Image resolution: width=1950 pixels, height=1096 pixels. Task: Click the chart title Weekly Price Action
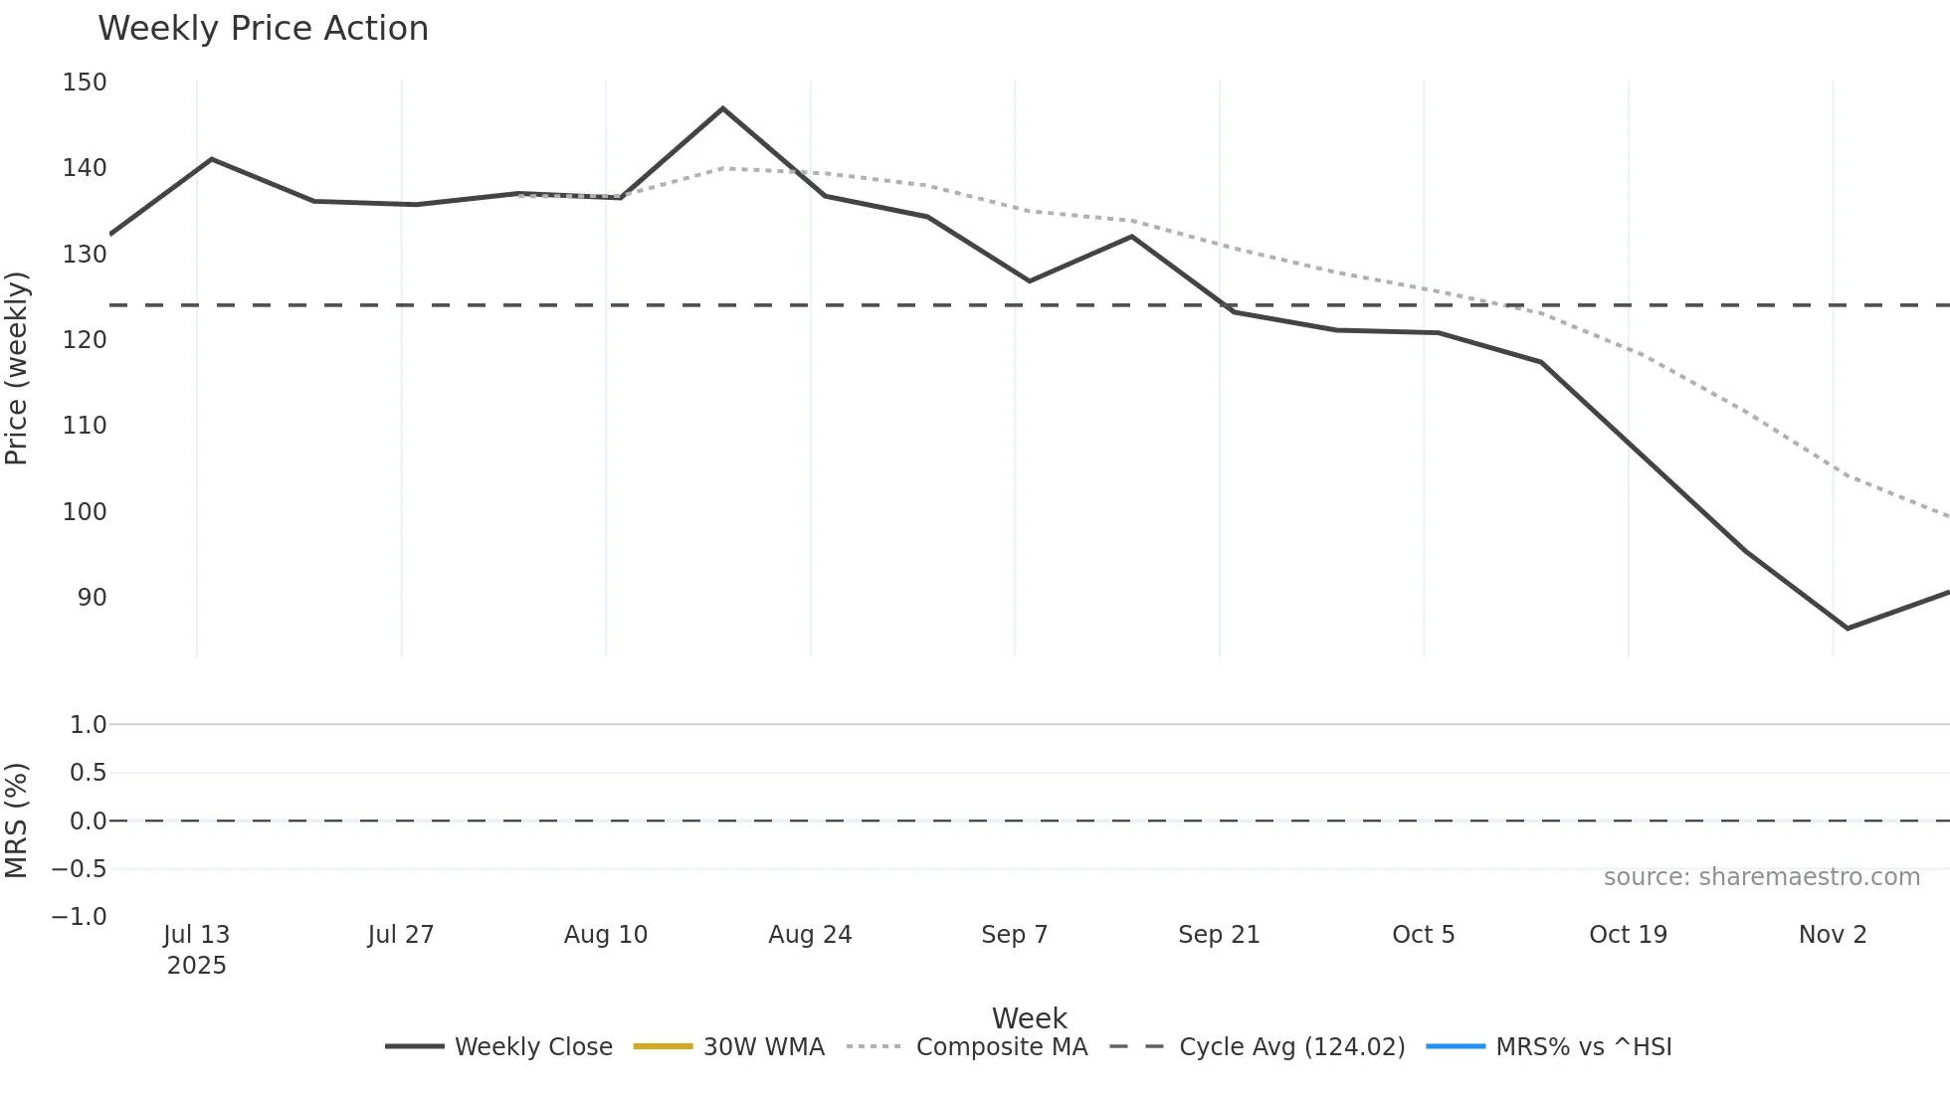[263, 29]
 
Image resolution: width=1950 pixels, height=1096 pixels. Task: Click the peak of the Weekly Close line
[723, 108]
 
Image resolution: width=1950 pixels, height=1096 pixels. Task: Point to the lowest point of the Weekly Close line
[1848, 629]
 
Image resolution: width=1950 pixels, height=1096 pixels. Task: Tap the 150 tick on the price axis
[85, 83]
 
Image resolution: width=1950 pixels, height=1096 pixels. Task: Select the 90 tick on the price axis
[92, 598]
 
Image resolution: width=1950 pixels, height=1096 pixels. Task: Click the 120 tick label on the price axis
[85, 340]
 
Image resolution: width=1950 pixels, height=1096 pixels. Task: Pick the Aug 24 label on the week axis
[810, 935]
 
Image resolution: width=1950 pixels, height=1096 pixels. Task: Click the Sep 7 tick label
[1014, 935]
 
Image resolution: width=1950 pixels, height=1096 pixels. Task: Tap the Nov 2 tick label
[1833, 935]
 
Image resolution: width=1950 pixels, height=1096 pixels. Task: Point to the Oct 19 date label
[1628, 935]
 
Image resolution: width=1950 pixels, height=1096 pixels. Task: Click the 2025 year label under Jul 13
[197, 966]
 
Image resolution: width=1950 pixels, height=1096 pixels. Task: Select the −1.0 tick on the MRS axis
[80, 917]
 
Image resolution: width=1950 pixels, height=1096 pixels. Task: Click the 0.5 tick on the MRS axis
[88, 773]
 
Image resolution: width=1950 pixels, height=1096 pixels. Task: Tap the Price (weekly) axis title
[17, 368]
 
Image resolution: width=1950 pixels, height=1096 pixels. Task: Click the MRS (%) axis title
[17, 821]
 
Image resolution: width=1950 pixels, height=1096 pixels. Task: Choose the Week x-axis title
[1029, 1018]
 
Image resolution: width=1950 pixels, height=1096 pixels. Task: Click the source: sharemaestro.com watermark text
[1761, 877]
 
